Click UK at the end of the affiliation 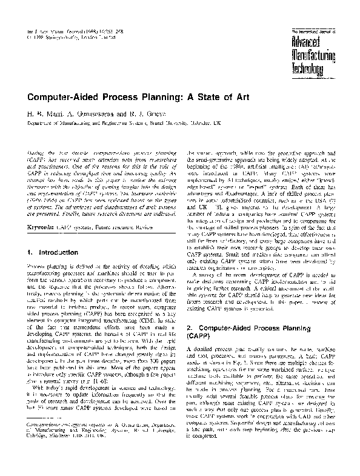click(x=216, y=121)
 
